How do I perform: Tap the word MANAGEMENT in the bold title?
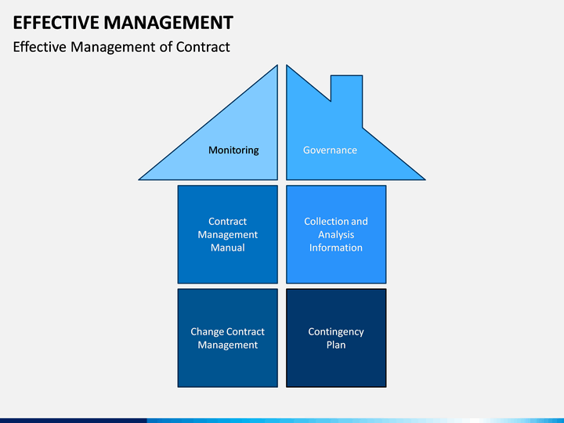pyautogui.click(x=168, y=23)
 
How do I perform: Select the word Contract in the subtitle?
pyautogui.click(x=203, y=47)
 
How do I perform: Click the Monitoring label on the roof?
pyautogui.click(x=233, y=150)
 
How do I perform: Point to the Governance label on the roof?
pyautogui.click(x=330, y=150)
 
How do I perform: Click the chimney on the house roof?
pyautogui.click(x=346, y=97)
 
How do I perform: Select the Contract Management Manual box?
pyautogui.click(x=228, y=234)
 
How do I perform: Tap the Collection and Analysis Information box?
pyautogui.click(x=336, y=234)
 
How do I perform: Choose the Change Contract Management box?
pyautogui.click(x=228, y=338)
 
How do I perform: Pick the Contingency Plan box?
pyautogui.click(x=336, y=338)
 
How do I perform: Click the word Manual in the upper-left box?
pyautogui.click(x=228, y=248)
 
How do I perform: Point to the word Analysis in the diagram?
pyautogui.click(x=336, y=235)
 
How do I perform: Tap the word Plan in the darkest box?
pyautogui.click(x=336, y=345)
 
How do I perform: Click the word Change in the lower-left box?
pyautogui.click(x=206, y=331)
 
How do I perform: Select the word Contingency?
pyautogui.click(x=336, y=331)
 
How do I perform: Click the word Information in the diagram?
pyautogui.click(x=336, y=248)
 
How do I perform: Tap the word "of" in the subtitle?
pyautogui.click(x=166, y=47)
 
